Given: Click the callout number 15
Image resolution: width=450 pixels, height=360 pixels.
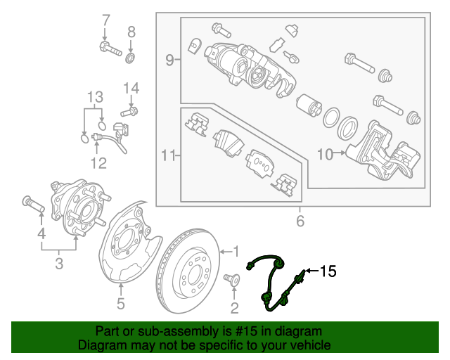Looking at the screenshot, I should click(329, 270).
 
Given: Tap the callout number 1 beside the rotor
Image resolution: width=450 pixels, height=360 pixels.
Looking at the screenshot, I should click(236, 250).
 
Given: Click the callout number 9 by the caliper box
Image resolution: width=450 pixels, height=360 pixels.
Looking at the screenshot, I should click(169, 61).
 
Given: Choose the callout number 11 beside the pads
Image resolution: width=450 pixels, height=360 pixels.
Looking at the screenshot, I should click(167, 153).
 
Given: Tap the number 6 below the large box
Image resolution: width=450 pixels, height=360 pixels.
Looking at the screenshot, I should click(300, 222).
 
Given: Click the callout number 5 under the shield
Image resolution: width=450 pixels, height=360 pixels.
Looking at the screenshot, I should click(120, 304).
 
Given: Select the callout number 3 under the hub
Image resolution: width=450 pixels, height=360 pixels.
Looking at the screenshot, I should click(59, 264).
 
